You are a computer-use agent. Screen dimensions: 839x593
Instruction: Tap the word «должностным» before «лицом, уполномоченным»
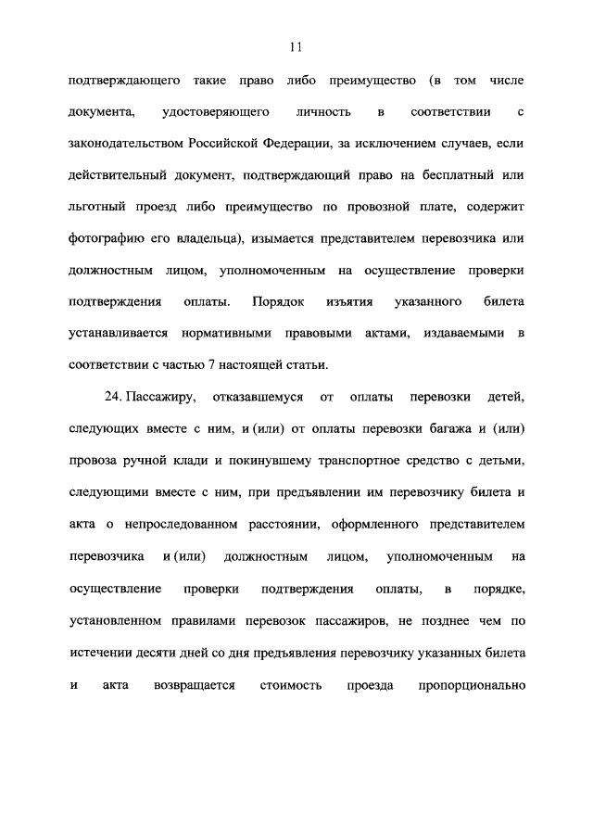(111, 270)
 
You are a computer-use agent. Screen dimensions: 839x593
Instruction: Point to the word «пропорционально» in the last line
(473, 686)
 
